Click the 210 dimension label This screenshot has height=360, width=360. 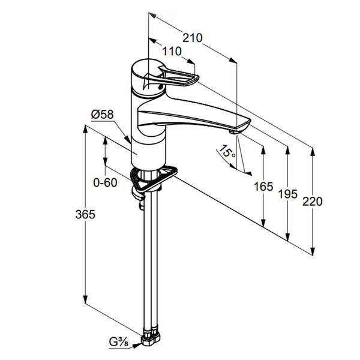(x=193, y=38)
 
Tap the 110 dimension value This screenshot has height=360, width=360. (x=172, y=52)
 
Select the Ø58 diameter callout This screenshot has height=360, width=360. (x=103, y=115)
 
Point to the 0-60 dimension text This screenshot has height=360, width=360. (x=105, y=182)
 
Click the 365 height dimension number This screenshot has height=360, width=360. (x=85, y=214)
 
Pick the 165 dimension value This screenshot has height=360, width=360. (x=263, y=187)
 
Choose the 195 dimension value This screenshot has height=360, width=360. (x=287, y=194)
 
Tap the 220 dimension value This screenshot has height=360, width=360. (x=312, y=202)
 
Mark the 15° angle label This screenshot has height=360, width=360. (x=227, y=151)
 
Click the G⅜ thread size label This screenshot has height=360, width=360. (x=119, y=343)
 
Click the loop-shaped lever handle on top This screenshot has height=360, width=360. (x=171, y=76)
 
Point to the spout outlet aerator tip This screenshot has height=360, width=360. (x=234, y=132)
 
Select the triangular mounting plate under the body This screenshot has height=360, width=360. (x=154, y=179)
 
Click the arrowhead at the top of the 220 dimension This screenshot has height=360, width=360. (x=312, y=152)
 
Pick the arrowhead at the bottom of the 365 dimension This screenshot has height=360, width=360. (x=85, y=299)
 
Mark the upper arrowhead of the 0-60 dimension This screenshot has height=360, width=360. (x=105, y=140)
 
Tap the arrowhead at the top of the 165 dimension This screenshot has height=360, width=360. (x=263, y=149)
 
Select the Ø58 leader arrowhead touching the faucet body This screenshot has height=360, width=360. (x=128, y=140)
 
